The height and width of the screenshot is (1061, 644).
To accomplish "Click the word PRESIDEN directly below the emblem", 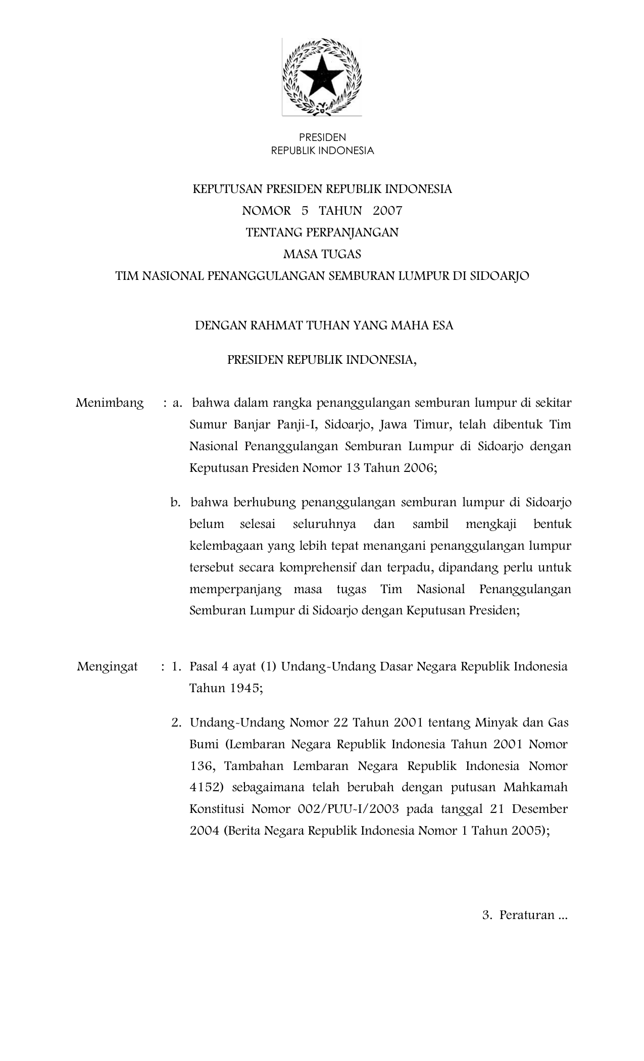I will point(322,137).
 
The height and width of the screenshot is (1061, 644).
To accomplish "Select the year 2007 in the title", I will point(388,210).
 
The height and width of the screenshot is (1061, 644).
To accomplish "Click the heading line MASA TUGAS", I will point(322,254).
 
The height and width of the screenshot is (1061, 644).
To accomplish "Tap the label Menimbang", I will point(110,403).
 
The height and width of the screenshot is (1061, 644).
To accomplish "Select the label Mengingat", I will point(108,666).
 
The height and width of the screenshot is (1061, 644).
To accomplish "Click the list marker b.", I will point(175,503).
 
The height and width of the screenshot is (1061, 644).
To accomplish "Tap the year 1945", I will point(243,688).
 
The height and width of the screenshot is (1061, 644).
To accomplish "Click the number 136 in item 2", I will point(202,766).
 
